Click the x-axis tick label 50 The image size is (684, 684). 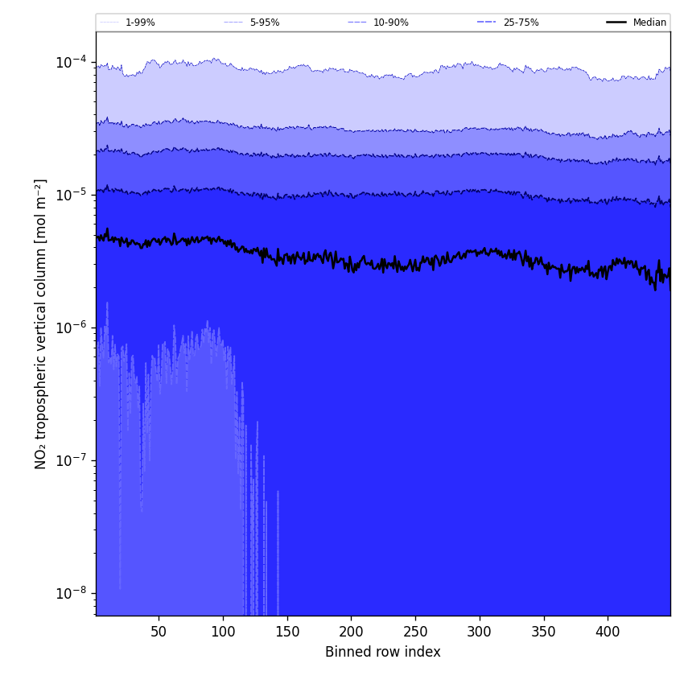(159, 632)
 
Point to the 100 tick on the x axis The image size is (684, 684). (223, 632)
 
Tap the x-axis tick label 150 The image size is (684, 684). (287, 632)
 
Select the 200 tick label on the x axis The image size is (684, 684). (351, 632)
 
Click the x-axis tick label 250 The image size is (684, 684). (415, 632)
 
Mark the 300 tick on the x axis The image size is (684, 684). (480, 632)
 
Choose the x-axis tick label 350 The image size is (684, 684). (544, 632)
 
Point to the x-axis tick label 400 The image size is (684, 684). (608, 632)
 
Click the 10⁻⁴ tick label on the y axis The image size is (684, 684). (72, 62)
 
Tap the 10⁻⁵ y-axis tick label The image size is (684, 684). (72, 195)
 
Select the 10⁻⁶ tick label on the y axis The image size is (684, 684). (72, 328)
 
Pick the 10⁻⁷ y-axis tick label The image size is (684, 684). (72, 460)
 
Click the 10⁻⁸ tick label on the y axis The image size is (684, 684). (72, 593)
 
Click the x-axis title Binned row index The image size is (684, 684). (383, 652)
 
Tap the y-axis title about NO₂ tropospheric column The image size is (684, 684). (41, 323)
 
